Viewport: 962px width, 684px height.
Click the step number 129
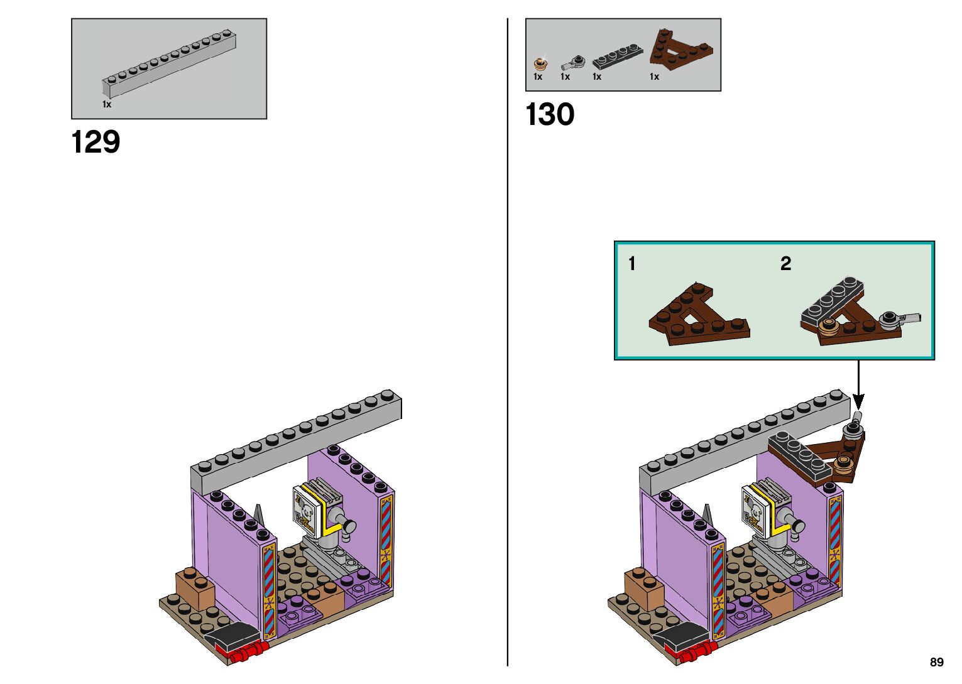click(x=96, y=143)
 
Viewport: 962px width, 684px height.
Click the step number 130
click(x=549, y=115)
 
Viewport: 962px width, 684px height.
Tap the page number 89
click(x=936, y=662)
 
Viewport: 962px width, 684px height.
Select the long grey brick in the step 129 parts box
click(x=170, y=63)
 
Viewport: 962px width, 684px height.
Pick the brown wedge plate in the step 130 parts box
click(x=681, y=50)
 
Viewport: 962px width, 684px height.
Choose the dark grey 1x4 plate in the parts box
click(x=618, y=57)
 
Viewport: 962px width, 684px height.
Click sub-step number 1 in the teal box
click(x=631, y=264)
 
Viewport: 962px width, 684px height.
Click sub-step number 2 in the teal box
click(x=785, y=264)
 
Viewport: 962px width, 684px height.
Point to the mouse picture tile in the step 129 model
click(x=305, y=510)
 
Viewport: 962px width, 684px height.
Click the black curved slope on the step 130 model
click(x=681, y=636)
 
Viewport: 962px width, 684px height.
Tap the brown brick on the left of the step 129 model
click(x=194, y=588)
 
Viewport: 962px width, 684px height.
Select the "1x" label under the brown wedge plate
click(x=654, y=77)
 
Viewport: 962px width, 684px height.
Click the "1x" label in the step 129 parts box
click(x=107, y=104)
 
